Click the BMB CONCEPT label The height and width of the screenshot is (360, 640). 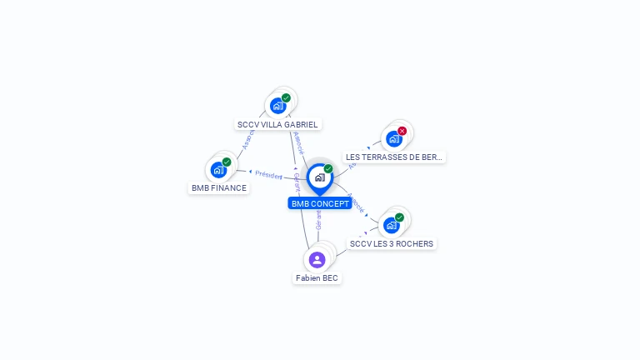[x=319, y=203]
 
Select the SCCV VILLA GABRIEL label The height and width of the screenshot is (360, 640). [x=277, y=124]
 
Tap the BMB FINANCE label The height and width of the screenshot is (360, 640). [x=219, y=187]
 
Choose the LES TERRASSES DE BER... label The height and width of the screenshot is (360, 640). [x=394, y=157]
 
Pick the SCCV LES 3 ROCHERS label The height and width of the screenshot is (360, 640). [x=392, y=243]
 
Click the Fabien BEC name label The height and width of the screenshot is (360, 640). [x=317, y=277]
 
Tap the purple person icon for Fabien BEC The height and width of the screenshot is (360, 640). [x=317, y=259]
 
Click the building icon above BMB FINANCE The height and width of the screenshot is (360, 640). [x=218, y=170]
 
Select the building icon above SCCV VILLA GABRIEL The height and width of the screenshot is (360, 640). [x=277, y=106]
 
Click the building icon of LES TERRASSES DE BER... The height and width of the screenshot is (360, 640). [x=393, y=139]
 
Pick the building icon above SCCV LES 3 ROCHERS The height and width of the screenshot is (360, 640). [x=391, y=225]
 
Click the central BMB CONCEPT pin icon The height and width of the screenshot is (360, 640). [x=319, y=177]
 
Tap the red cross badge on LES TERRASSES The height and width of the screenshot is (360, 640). [x=402, y=131]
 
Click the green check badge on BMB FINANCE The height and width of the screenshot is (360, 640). [x=227, y=162]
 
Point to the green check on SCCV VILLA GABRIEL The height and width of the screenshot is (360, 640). [x=286, y=97]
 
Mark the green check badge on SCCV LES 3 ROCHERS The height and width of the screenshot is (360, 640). [x=399, y=217]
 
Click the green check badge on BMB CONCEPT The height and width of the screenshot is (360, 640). [x=328, y=168]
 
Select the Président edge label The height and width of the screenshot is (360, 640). [x=268, y=175]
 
